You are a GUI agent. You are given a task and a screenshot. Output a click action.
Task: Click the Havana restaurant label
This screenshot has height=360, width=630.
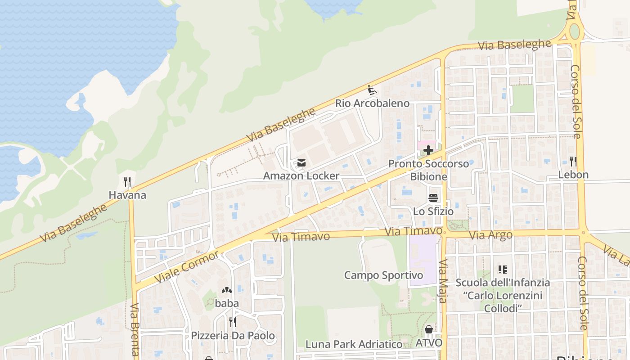coord(127,195)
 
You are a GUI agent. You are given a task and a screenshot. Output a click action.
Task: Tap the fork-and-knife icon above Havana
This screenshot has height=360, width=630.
coord(127,182)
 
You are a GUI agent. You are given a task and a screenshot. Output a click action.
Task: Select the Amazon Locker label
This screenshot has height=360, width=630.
coord(301,175)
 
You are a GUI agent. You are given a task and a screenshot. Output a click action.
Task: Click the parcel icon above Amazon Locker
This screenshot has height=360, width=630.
coord(301,162)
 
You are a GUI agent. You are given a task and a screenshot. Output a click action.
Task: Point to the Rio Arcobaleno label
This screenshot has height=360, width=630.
coord(372,103)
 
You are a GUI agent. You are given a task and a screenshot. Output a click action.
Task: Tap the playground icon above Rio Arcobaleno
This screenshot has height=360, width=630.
coord(372,90)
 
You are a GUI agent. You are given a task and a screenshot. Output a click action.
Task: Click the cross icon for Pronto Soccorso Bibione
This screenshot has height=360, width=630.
coord(428,150)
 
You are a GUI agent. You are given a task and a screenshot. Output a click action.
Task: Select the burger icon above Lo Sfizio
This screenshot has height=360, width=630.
coord(433,198)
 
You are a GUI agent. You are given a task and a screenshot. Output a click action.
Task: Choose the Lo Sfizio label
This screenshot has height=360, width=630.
coord(433,211)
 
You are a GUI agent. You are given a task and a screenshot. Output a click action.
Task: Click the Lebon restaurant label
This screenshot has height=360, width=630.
coord(573,175)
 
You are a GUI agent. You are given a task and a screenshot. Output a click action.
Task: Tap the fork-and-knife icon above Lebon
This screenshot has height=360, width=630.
coord(573,161)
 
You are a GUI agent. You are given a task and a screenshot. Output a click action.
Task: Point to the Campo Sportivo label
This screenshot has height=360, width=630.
coord(383,275)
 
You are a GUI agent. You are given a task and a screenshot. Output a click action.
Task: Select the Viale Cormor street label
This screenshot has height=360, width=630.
coord(187,267)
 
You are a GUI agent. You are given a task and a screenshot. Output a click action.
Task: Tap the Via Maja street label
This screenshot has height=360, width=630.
coord(443,281)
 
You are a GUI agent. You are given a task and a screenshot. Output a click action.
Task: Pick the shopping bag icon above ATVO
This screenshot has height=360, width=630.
coord(429,330)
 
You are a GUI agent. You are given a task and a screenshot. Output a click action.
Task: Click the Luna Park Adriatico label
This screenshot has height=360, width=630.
coord(354,345)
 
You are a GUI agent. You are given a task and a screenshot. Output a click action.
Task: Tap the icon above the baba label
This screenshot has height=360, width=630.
coord(227,290)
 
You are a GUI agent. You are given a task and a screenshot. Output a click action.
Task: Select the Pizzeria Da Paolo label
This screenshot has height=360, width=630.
coord(233,336)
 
